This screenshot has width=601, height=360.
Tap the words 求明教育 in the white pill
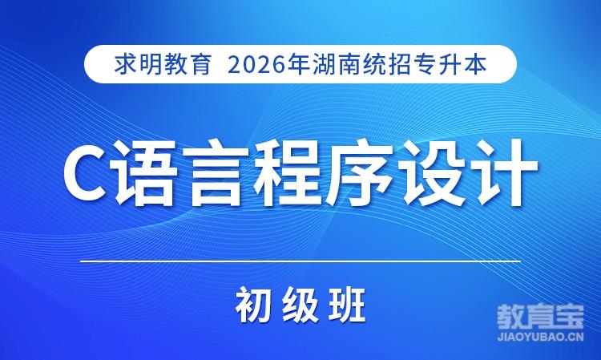(x=163, y=64)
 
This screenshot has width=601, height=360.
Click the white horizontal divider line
(x=300, y=261)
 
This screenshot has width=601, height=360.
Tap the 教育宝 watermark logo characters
(x=540, y=318)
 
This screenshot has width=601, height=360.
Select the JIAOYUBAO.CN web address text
(x=540, y=338)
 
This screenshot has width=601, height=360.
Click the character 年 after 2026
(x=299, y=64)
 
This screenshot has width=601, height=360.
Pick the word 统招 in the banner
(x=386, y=64)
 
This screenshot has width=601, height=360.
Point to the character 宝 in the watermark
(x=570, y=318)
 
